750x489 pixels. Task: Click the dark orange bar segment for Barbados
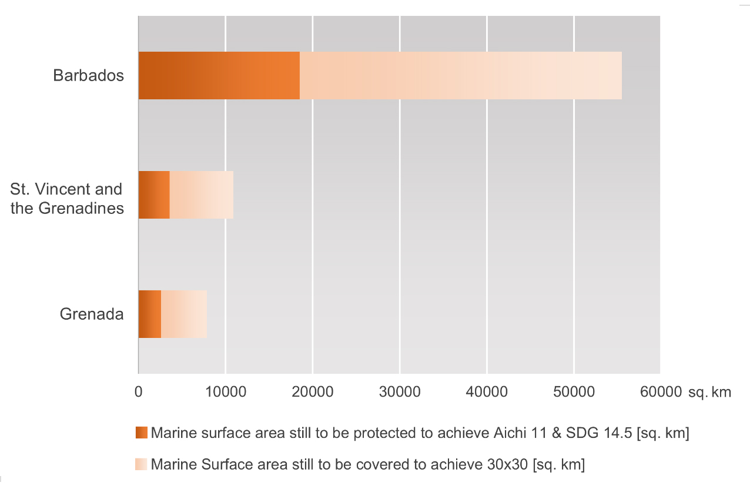pos(219,75)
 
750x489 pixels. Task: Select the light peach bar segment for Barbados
pos(460,75)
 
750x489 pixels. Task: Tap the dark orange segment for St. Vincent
pos(154,195)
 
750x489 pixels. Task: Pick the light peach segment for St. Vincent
pos(201,195)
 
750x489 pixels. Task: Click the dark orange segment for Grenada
pos(150,314)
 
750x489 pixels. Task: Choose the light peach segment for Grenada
pos(184,314)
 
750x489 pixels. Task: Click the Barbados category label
pos(88,75)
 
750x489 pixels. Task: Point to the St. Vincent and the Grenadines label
pos(67,199)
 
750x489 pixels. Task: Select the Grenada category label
pos(92,314)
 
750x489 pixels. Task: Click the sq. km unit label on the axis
pos(710,392)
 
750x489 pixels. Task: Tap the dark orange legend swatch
pos(141,433)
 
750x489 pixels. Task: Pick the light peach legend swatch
pos(141,464)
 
